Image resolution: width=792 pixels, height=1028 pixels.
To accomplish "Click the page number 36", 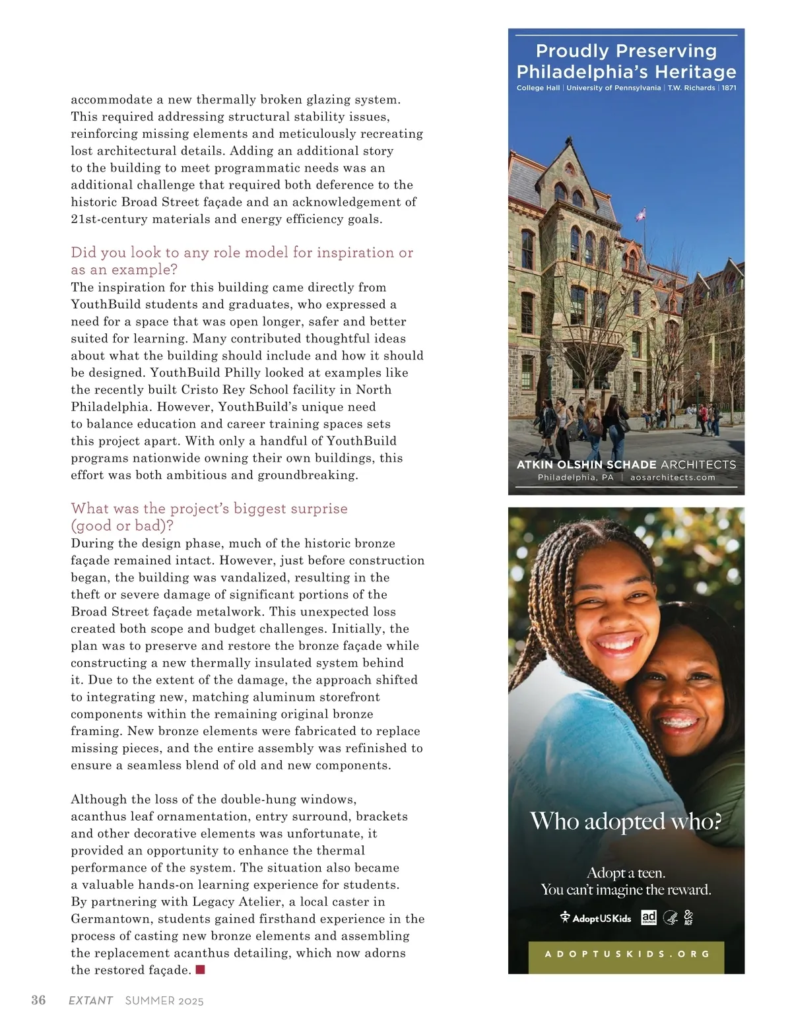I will click(38, 1000).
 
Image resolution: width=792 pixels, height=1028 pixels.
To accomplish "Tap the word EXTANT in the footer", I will click(90, 1001).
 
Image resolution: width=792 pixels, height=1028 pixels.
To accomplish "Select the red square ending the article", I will click(201, 969).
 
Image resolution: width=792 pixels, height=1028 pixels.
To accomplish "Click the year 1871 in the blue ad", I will click(729, 88).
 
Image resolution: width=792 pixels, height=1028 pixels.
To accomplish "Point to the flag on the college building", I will click(640, 214).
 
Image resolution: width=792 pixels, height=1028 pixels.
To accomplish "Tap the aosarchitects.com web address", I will click(673, 478).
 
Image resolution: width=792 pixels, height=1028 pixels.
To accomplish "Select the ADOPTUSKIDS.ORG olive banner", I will click(626, 954).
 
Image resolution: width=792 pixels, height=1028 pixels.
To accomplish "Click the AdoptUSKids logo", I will click(595, 918).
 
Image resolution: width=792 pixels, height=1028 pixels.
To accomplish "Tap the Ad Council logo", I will click(649, 917).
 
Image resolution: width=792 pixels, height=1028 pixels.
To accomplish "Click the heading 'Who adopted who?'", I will click(626, 821).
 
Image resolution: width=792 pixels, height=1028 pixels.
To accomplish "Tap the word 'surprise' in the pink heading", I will click(315, 508).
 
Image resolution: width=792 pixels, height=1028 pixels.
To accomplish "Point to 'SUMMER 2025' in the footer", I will click(164, 1001).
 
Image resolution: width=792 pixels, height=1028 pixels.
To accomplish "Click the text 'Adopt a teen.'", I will click(626, 873).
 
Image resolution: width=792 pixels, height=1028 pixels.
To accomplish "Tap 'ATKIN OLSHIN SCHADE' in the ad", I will click(586, 465).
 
